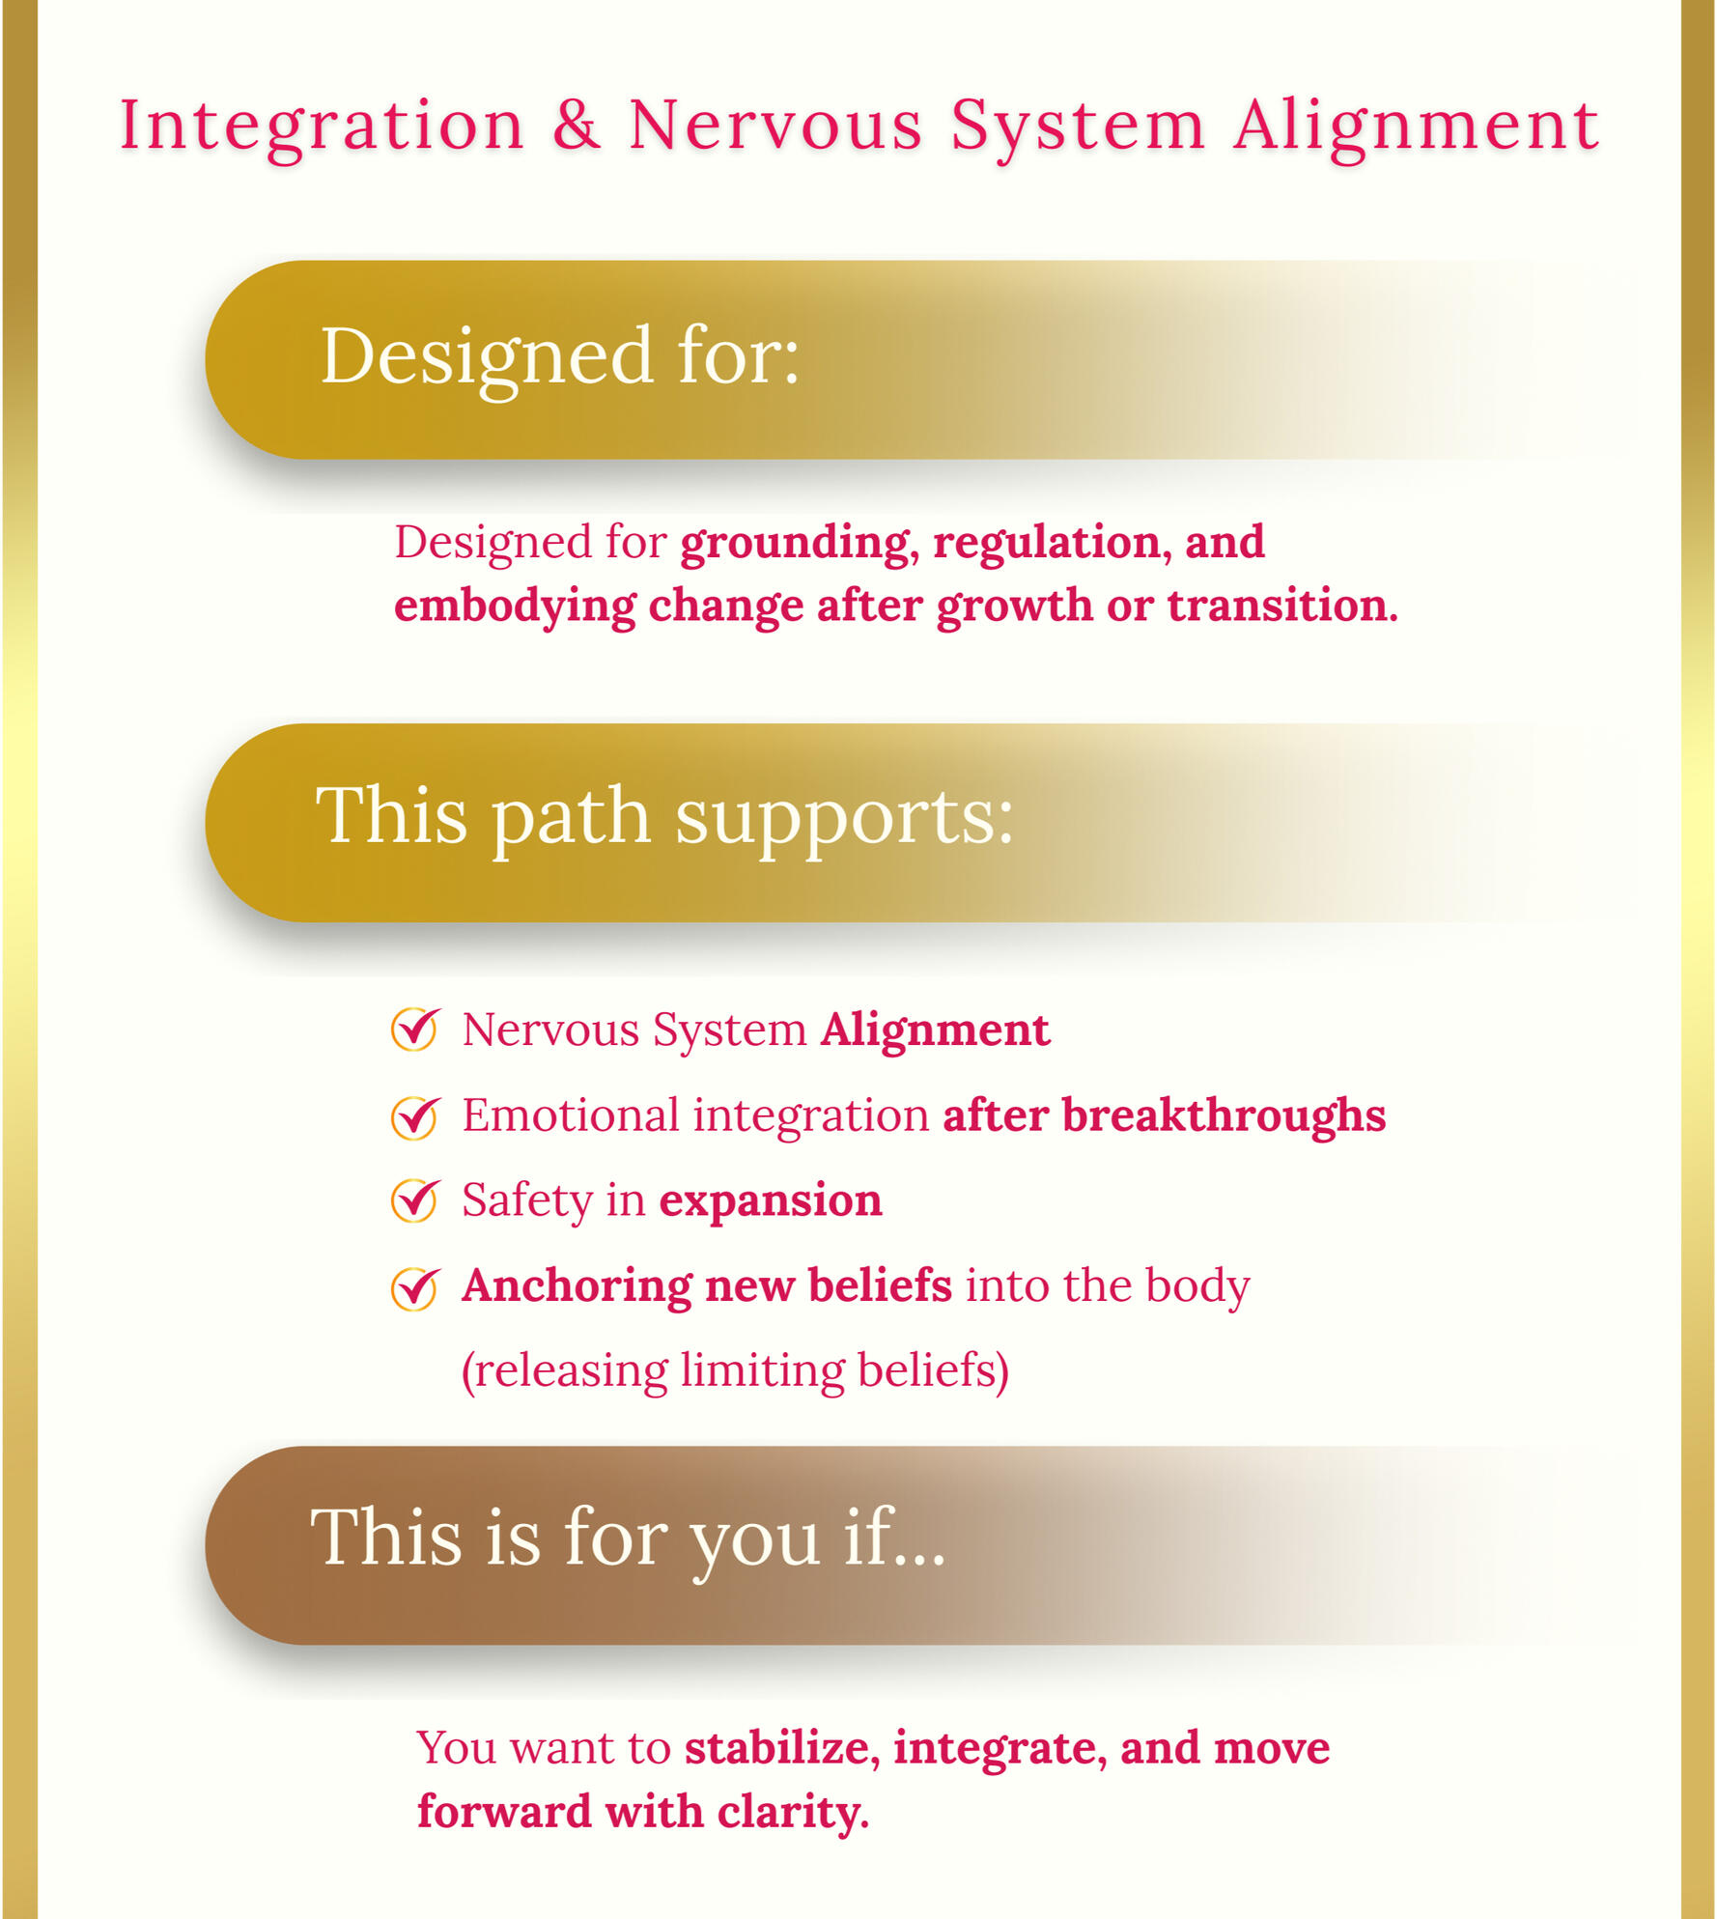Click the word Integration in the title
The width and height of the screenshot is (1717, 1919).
click(322, 127)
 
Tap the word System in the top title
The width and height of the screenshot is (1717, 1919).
click(1078, 127)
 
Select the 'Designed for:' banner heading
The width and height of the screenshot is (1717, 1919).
click(560, 356)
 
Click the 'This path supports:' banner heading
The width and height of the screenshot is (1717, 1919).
click(664, 817)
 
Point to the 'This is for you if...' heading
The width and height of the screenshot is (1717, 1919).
click(628, 1538)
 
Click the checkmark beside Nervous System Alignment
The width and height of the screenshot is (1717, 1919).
click(415, 1029)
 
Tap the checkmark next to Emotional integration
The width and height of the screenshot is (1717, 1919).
click(415, 1116)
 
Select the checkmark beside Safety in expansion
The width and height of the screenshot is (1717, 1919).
click(415, 1200)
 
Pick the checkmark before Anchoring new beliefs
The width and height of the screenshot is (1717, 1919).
click(415, 1287)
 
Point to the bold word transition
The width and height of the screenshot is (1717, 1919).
click(1281, 607)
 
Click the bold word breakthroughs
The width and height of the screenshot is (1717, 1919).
click(1224, 1115)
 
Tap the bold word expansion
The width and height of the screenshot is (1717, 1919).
click(771, 1200)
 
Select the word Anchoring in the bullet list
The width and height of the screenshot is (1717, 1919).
click(577, 1285)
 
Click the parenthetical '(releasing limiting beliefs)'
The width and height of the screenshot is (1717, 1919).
click(735, 1370)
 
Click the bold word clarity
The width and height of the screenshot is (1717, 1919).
click(792, 1812)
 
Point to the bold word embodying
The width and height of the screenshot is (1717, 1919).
click(515, 607)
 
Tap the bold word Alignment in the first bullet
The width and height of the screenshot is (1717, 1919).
click(935, 1030)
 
